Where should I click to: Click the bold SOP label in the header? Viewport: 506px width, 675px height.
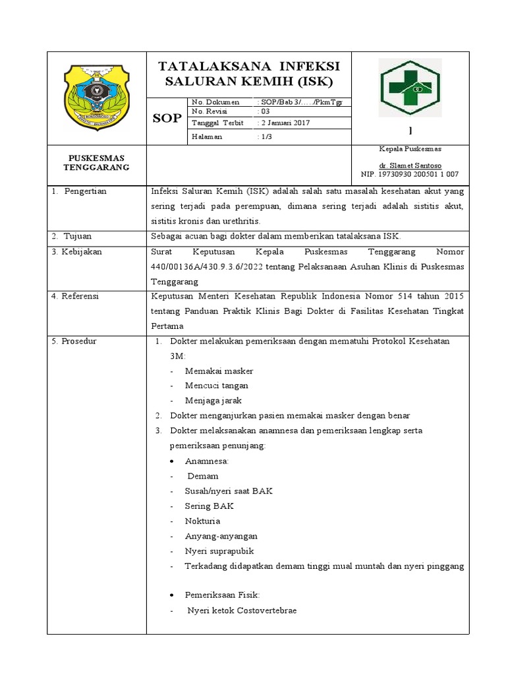[x=166, y=119]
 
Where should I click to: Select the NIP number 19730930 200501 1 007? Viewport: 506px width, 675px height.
[x=410, y=174]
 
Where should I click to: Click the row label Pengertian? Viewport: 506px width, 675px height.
[x=85, y=191]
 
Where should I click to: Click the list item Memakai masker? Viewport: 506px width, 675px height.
[x=219, y=371]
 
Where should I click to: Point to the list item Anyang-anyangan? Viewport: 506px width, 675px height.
[x=221, y=536]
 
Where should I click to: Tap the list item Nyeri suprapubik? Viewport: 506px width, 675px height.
[x=219, y=551]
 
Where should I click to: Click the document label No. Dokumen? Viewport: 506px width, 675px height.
[x=211, y=102]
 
